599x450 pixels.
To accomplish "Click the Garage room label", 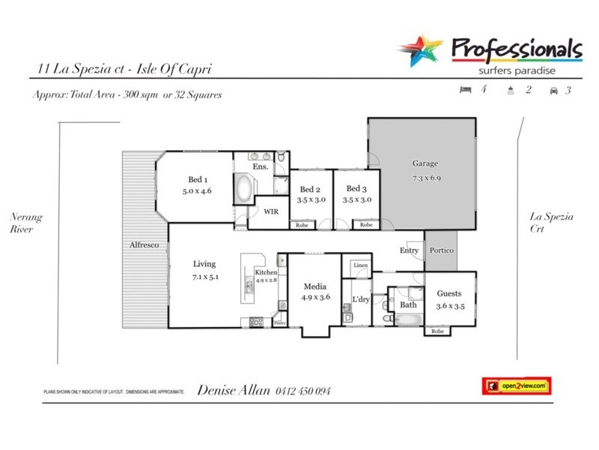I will [425, 163].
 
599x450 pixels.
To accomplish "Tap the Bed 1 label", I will [197, 179].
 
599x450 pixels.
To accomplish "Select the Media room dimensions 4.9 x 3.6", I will [314, 297].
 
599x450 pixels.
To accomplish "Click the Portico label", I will [441, 250].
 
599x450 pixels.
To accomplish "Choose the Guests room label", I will [449, 293].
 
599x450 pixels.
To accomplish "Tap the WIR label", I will [271, 211].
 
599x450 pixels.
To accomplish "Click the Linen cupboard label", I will [361, 266].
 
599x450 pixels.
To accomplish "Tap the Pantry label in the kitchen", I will [279, 322].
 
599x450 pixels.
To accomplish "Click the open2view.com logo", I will [516, 385].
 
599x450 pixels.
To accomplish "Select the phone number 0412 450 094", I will [302, 391].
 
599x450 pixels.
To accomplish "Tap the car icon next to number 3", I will [554, 91].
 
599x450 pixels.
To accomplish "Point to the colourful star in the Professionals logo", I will [420, 51].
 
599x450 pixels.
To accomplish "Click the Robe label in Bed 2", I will [302, 225].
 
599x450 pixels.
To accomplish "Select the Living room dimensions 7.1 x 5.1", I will [204, 277].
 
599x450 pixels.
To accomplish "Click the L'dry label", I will [361, 300].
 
